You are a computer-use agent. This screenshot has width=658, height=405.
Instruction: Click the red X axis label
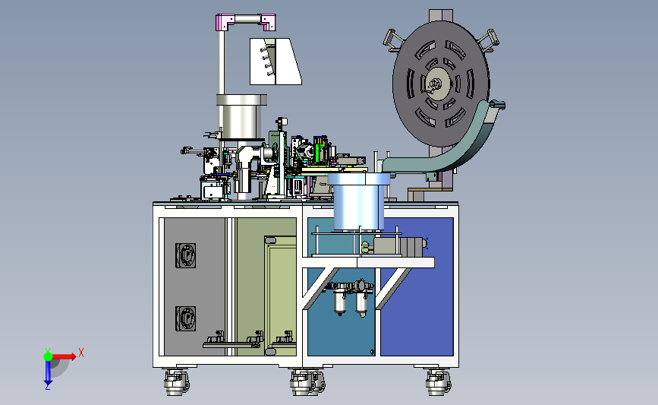pos(81,353)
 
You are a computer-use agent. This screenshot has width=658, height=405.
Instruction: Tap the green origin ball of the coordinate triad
pos(49,356)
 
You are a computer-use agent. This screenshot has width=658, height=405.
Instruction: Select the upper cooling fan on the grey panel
pos(185,255)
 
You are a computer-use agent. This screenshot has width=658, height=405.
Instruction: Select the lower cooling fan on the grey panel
pos(185,318)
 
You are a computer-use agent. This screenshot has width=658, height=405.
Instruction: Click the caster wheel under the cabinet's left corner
pos(176,382)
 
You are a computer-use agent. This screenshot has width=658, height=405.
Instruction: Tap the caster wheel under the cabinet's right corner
pos(438,382)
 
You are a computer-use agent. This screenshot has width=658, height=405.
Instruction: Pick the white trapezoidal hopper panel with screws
pos(275,62)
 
